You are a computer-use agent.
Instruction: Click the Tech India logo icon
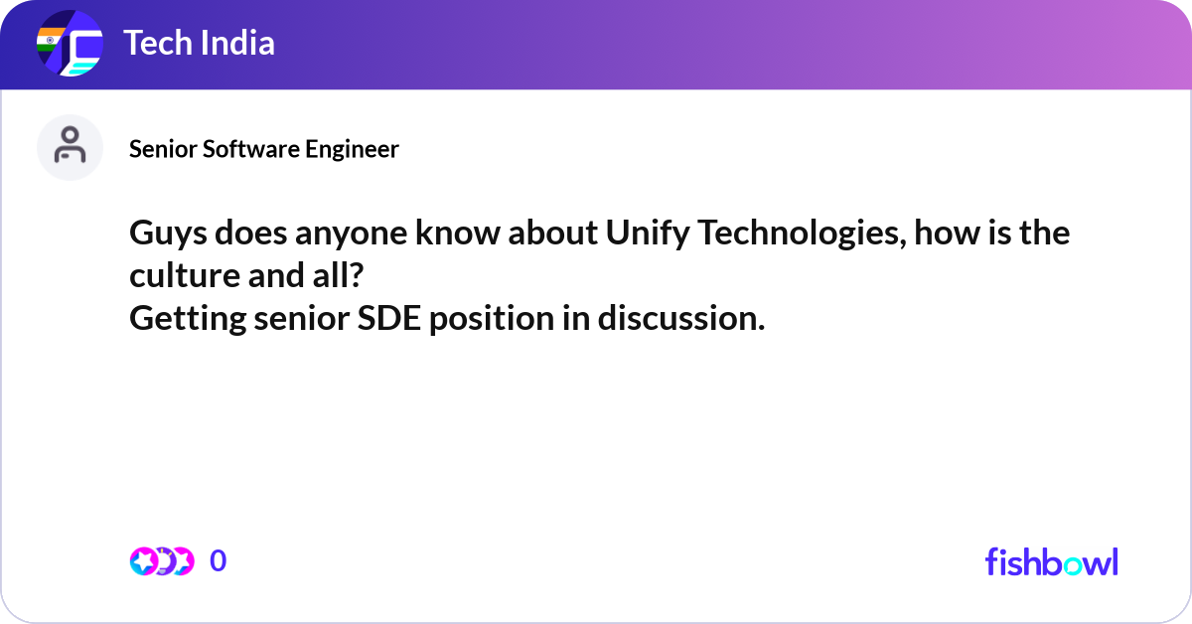click(70, 45)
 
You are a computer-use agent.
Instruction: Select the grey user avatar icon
click(70, 147)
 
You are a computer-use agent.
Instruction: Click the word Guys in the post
click(163, 235)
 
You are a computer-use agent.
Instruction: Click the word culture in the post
click(181, 277)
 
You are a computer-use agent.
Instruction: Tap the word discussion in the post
click(681, 319)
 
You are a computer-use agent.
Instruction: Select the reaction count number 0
click(219, 561)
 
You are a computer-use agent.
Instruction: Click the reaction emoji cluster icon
click(161, 561)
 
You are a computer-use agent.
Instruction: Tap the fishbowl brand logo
click(1051, 561)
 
